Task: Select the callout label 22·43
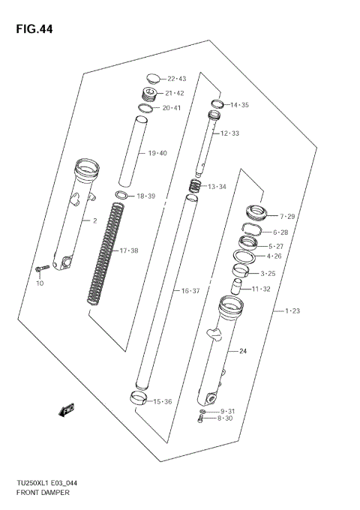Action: click(x=177, y=79)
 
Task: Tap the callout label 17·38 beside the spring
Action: click(x=130, y=250)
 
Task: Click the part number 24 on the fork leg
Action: click(x=242, y=351)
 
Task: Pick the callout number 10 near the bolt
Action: click(x=40, y=283)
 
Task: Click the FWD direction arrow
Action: click(x=66, y=409)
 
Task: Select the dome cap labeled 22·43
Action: click(x=152, y=77)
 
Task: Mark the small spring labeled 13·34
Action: click(x=194, y=186)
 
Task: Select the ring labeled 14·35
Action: click(x=216, y=104)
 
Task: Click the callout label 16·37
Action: click(x=189, y=291)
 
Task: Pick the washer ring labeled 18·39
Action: click(x=121, y=196)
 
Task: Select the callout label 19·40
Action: click(x=157, y=154)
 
